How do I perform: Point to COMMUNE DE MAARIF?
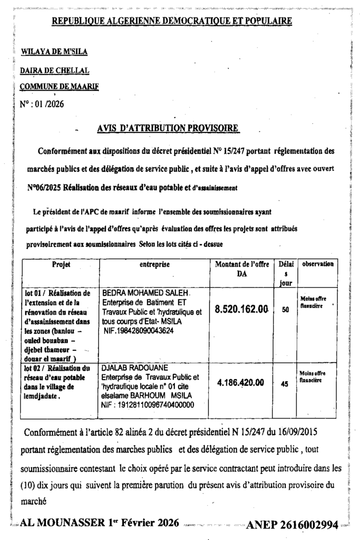(x=59, y=86)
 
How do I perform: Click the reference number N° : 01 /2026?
(x=42, y=103)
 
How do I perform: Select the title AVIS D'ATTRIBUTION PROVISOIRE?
(x=168, y=128)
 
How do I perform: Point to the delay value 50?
(x=285, y=310)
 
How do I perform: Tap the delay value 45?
(x=285, y=384)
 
